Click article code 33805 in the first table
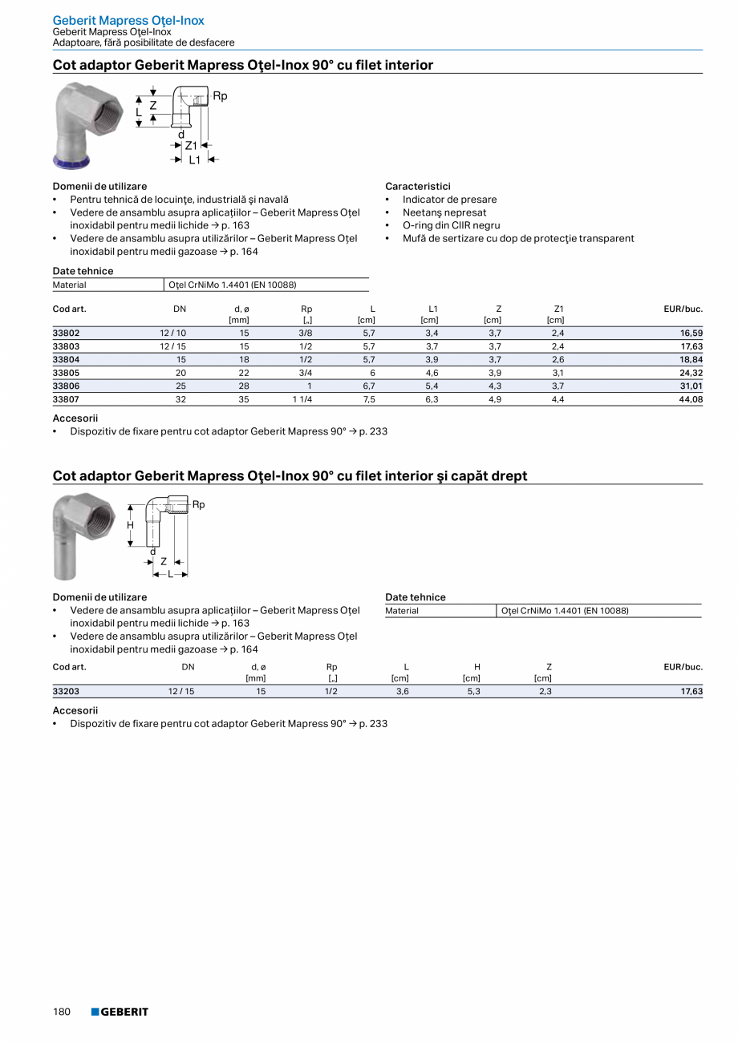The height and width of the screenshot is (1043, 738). [67, 373]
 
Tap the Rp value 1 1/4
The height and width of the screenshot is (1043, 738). [302, 399]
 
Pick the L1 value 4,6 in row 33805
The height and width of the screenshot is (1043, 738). [431, 373]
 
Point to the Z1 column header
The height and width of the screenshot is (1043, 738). [558, 309]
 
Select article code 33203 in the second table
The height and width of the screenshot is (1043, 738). [67, 691]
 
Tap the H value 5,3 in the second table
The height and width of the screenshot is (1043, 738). [473, 691]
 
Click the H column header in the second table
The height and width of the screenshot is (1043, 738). [477, 667]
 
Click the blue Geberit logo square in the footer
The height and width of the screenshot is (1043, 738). [95, 1012]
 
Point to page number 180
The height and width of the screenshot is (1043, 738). [62, 1012]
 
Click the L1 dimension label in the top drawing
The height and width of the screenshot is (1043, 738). [195, 160]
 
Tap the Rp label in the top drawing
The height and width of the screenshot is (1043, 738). [220, 96]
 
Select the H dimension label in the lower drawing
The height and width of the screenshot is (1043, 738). [130, 525]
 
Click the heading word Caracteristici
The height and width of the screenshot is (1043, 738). [418, 186]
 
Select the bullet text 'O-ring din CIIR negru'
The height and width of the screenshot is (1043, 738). [451, 225]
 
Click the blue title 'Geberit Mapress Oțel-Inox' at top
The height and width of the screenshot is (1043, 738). [128, 20]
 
